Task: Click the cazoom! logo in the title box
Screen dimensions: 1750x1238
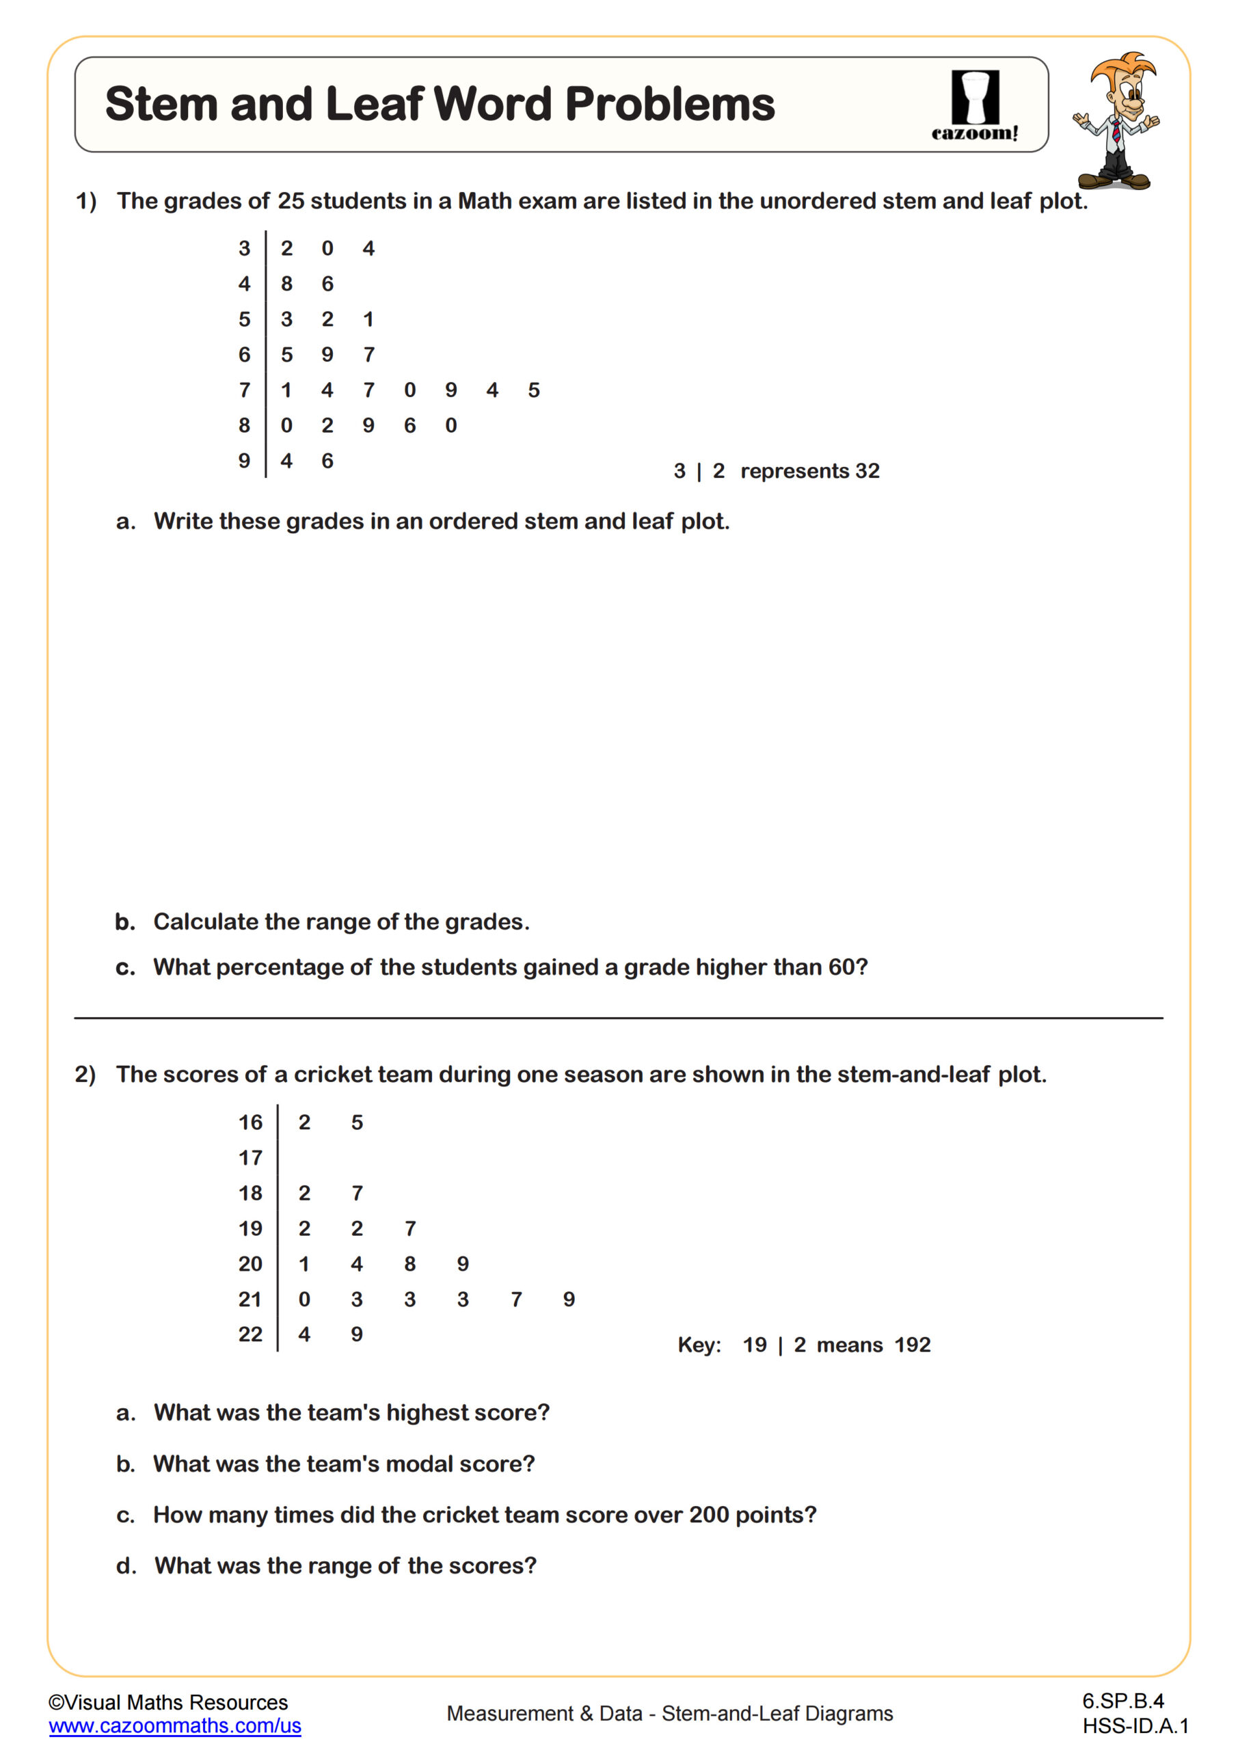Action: pos(974,106)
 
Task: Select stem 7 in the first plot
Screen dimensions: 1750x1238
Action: pos(244,390)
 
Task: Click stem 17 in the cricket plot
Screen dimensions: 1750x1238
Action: pos(250,1158)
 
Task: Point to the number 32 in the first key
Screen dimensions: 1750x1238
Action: pos(867,471)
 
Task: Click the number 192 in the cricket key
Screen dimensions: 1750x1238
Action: pos(913,1345)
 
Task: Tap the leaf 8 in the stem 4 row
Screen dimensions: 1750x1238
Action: pos(286,284)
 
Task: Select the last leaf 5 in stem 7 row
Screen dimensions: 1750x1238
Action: pos(534,390)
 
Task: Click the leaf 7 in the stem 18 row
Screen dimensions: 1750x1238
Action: pos(357,1193)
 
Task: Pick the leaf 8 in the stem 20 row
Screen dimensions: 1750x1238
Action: pos(410,1264)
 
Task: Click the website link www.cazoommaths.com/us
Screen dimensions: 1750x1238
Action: pos(174,1725)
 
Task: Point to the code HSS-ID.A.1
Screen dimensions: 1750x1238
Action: pos(1134,1726)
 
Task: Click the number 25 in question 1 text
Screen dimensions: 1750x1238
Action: pos(290,201)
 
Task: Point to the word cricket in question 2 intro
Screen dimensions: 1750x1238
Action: pos(331,1075)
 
